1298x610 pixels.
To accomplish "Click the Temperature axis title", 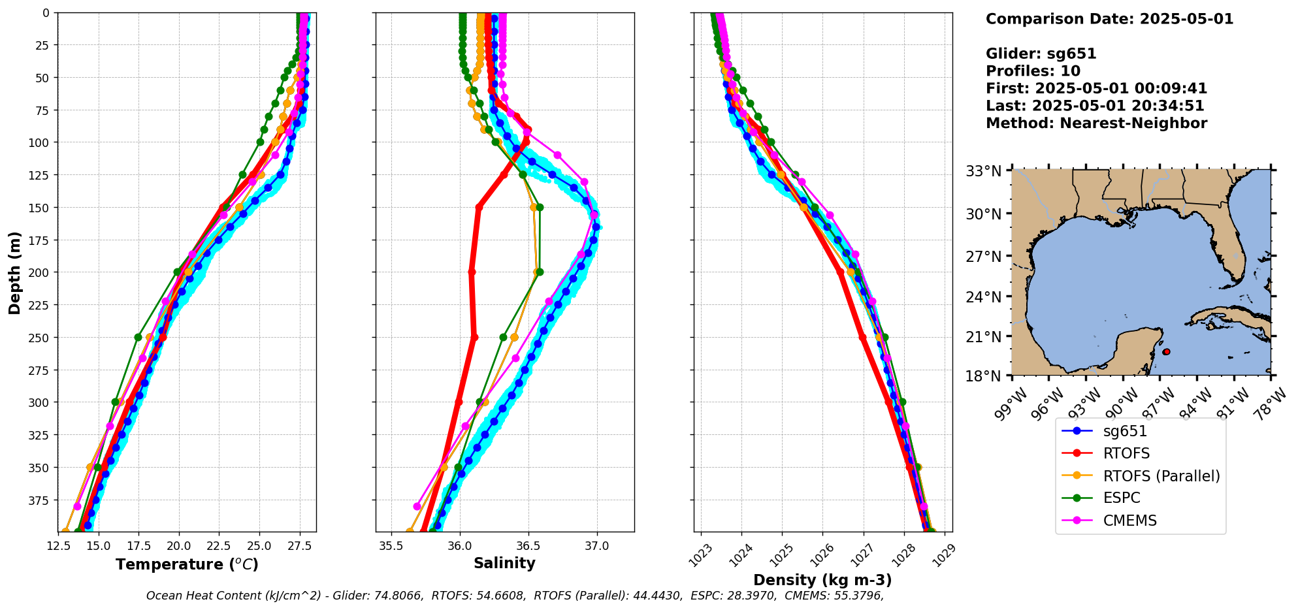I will pos(187,565).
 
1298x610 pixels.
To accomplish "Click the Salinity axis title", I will pos(504,564).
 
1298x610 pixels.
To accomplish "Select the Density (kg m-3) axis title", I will pos(822,580).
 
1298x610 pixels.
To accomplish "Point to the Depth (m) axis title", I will pos(15,272).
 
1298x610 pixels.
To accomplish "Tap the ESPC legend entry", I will pos(1121,498).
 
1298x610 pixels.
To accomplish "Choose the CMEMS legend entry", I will pos(1129,521).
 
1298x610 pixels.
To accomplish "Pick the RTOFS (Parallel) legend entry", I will pos(1161,476).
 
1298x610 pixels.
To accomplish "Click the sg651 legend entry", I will pos(1125,431).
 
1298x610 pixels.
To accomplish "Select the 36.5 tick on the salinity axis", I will pos(528,546).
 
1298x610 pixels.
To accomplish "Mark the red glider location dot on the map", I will pos(1167,352).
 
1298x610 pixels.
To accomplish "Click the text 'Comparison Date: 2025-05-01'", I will pos(1109,20).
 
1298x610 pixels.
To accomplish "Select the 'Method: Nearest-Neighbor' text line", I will pos(1096,123).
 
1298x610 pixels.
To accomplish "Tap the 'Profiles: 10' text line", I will pos(1033,71).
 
